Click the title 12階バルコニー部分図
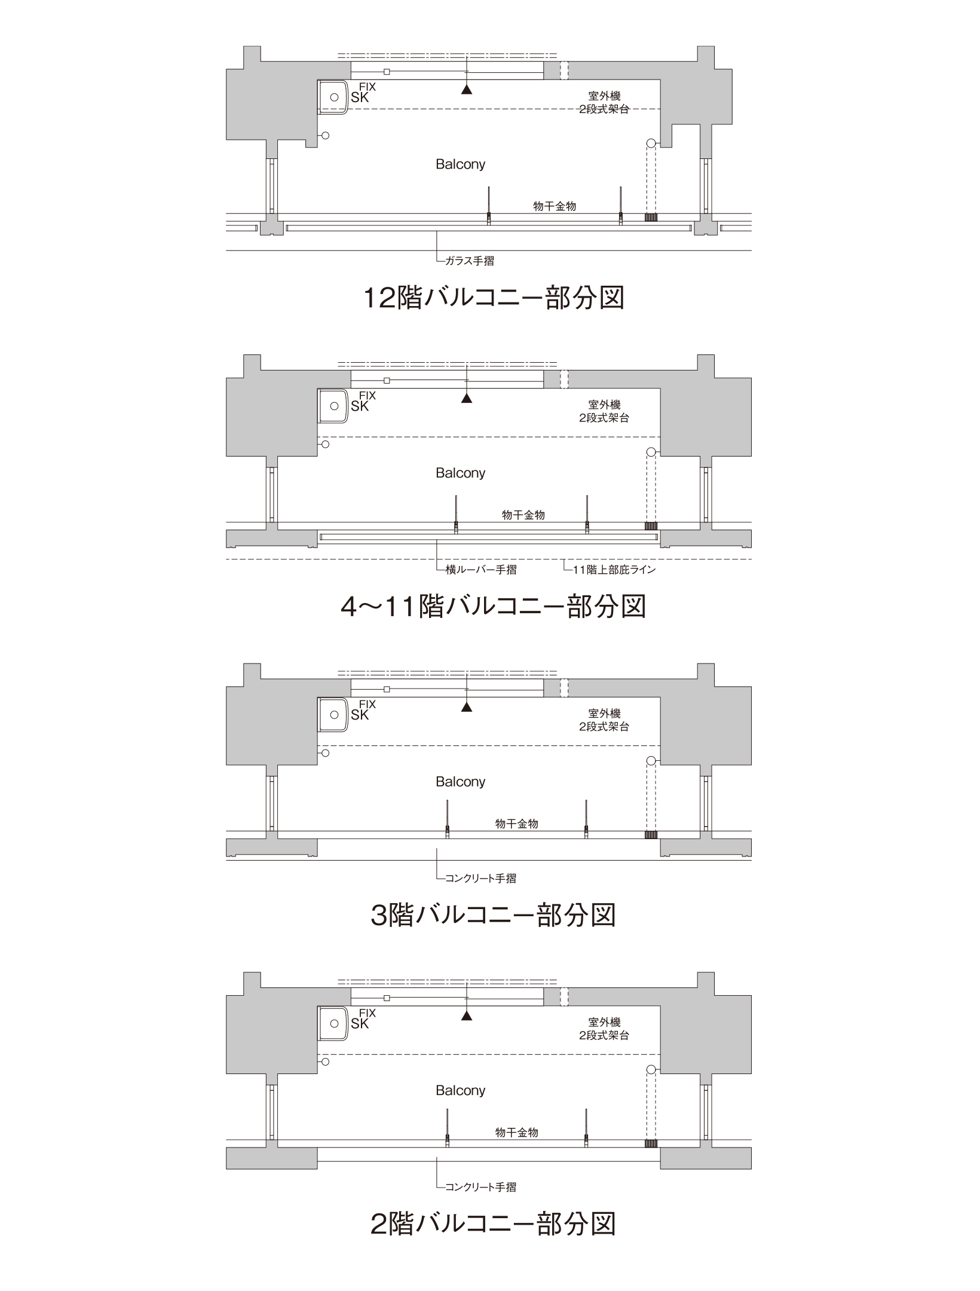(494, 298)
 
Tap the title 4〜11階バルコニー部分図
(494, 607)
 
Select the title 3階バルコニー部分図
(494, 915)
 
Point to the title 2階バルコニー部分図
(494, 1224)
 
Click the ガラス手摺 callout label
(470, 261)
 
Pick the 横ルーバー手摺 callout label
(481, 570)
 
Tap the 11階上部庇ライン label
(614, 570)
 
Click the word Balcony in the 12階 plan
(460, 164)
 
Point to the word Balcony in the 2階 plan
(460, 1090)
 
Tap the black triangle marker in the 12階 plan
(467, 90)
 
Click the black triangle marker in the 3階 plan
(467, 708)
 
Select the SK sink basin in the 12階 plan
(333, 97)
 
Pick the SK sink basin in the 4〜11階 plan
(333, 406)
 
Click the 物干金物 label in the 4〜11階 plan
(523, 515)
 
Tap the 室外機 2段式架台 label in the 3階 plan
(604, 720)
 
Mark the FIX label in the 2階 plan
(367, 1013)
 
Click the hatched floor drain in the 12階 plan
(651, 218)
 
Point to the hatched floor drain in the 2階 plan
(651, 1143)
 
